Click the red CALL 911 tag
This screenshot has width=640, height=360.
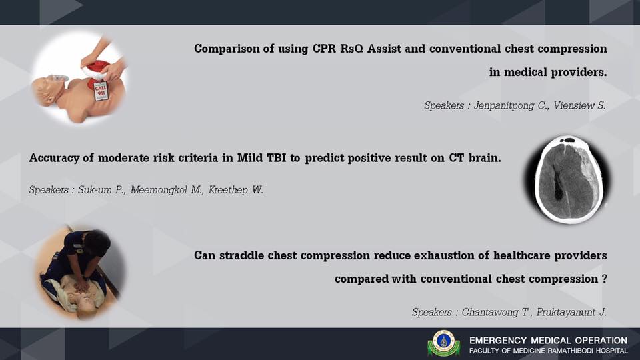(101, 91)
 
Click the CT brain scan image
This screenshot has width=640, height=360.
(568, 179)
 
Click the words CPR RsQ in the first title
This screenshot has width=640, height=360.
(338, 49)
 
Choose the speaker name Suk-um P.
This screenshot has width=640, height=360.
(101, 190)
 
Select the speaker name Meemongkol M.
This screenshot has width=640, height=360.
(167, 190)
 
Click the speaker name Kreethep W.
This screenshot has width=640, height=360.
(236, 190)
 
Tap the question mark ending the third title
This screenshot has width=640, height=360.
(604, 279)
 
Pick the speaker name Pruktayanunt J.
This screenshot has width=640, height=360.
(571, 313)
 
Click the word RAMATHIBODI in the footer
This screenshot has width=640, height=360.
(570, 351)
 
